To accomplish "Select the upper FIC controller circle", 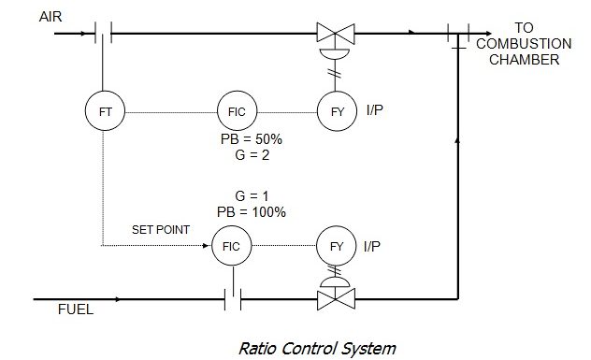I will pos(234,113).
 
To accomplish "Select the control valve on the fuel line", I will pos(332,300).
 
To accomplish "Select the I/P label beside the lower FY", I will pos(374,249).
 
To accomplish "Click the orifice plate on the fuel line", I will pos(234,300).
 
